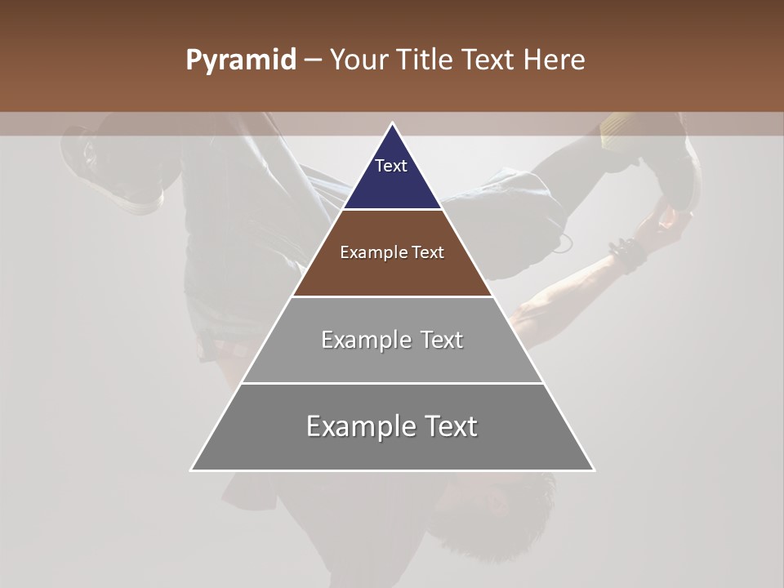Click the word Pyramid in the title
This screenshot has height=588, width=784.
(x=240, y=60)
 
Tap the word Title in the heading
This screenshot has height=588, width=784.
(x=430, y=60)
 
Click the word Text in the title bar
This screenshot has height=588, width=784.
(x=492, y=60)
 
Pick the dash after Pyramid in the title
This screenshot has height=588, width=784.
(x=313, y=61)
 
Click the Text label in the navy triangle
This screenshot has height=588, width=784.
(x=391, y=166)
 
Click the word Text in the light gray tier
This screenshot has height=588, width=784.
(x=442, y=340)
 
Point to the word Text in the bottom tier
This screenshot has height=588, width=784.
(x=450, y=426)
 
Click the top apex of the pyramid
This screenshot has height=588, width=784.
(x=392, y=123)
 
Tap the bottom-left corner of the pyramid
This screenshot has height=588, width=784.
(x=192, y=470)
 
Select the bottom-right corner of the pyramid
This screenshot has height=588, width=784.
(x=593, y=470)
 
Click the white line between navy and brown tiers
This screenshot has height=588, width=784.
(x=392, y=210)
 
